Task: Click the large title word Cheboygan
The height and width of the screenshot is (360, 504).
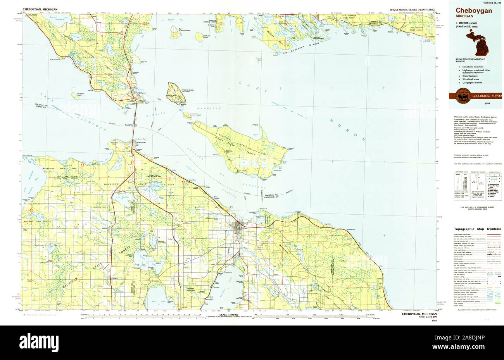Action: point(474,11)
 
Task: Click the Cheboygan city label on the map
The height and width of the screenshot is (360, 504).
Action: point(241,228)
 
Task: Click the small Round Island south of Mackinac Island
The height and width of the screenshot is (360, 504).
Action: point(186,115)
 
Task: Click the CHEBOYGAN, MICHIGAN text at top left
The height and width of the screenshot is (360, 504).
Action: point(40,9)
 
